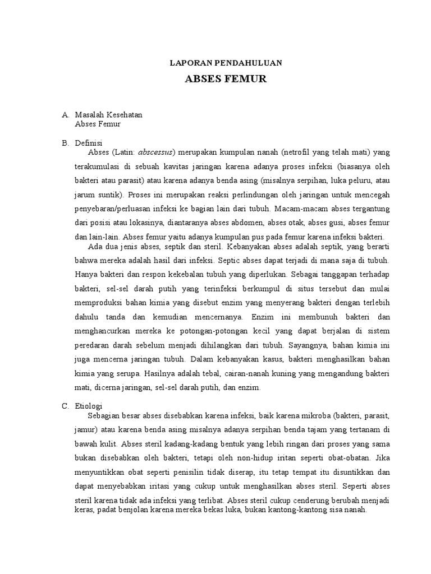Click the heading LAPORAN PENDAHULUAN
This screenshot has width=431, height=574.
(x=226, y=63)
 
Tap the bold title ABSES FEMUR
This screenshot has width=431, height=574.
(x=226, y=79)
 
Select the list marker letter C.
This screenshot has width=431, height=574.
(x=66, y=406)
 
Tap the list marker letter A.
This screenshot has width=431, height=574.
(x=66, y=115)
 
